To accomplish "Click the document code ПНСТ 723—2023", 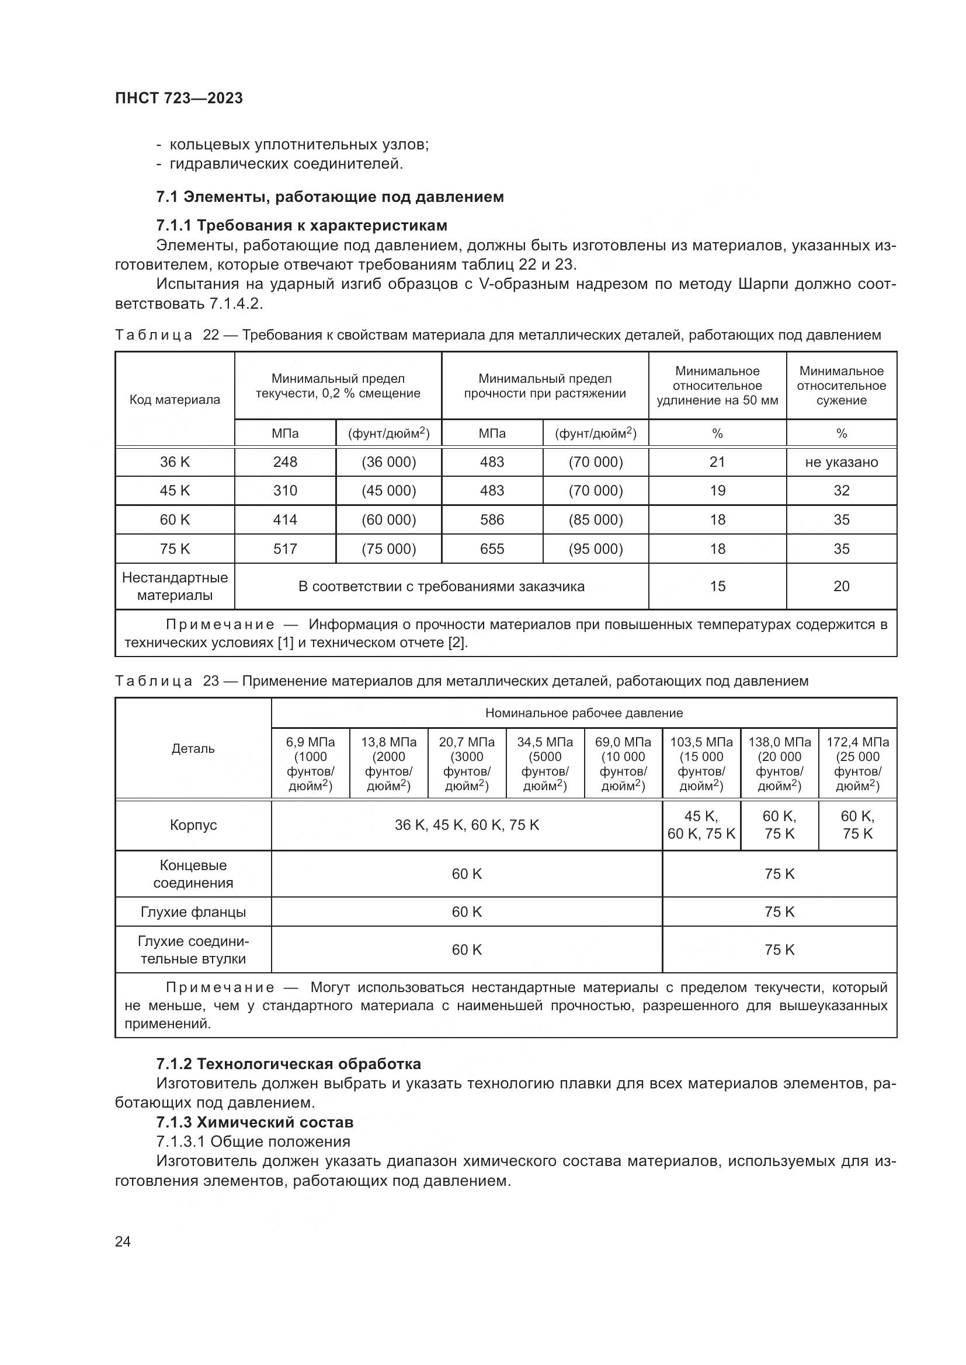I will pos(179,98).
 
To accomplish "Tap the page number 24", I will pos(123,1241).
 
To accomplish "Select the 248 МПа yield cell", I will pos(285,462).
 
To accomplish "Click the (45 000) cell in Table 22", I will pos(388,490).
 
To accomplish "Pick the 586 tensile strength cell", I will pos(492,519).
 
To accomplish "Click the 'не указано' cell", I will pos(841,462).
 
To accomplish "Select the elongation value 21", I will pos(717,462).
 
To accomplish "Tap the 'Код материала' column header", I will pos(175,400).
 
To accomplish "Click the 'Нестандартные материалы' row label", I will pos(175,586).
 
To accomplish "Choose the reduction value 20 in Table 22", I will pos(841,586).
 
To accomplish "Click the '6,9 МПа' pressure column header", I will pos(311,764).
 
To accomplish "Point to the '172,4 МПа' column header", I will pos(857,764).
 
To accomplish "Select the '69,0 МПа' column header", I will pos(623,764).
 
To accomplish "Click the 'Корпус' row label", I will pos(193,825).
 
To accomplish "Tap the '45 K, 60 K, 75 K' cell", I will pos(701,825).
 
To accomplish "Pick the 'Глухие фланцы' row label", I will pos(193,912).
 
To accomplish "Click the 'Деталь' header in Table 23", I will pos(193,749).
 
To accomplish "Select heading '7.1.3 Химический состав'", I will pos(255,1122).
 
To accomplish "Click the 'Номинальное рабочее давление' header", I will pos(583,713).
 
